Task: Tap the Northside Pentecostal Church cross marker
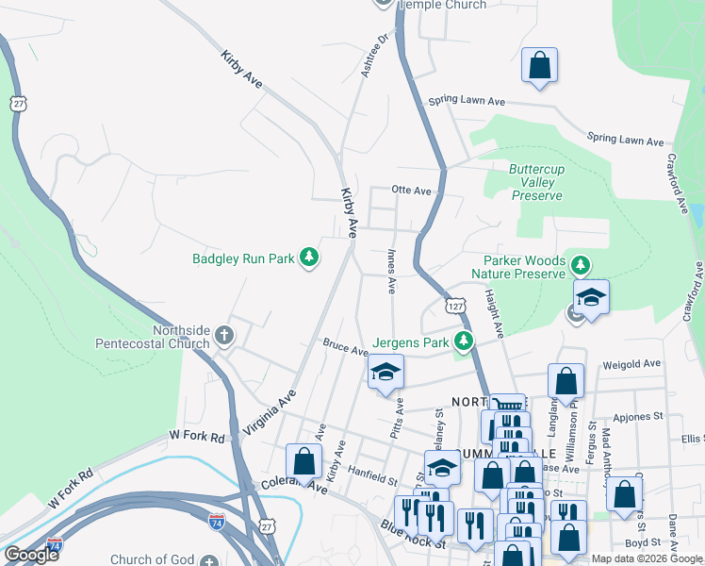(224, 335)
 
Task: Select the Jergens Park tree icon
(463, 341)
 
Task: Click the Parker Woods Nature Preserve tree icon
(582, 267)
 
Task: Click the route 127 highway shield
(455, 307)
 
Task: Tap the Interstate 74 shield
(216, 520)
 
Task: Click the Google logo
(31, 555)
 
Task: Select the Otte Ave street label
(410, 191)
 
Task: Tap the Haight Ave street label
(494, 312)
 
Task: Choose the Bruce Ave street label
(345, 348)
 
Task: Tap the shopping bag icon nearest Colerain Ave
(303, 462)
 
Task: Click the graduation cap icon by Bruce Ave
(386, 373)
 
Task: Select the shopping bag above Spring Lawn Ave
(540, 66)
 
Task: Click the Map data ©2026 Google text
(647, 558)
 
